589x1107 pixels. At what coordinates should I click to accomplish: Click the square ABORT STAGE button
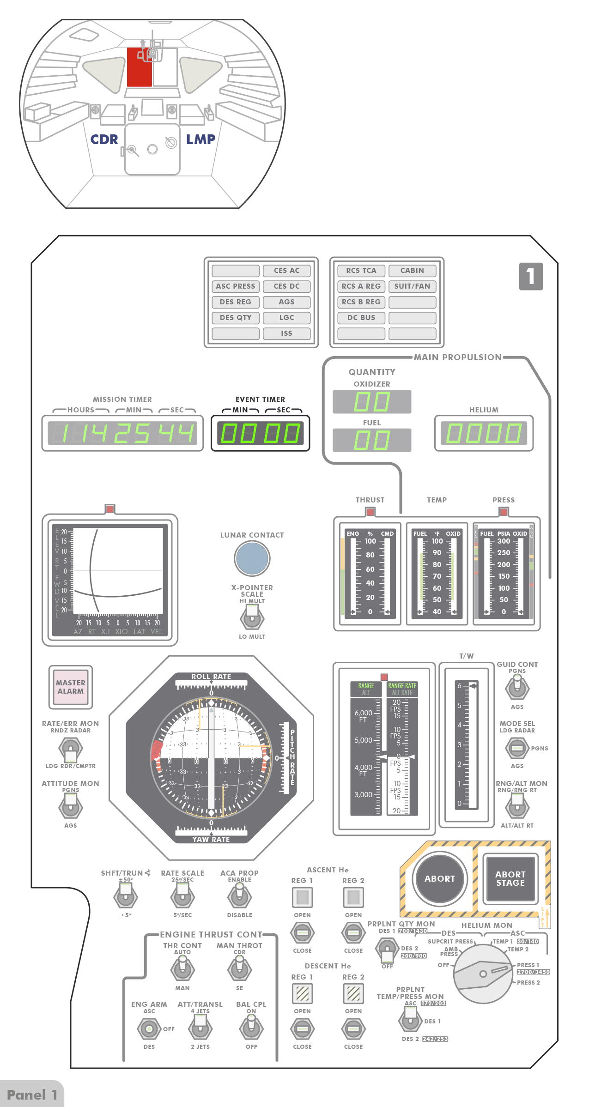click(510, 878)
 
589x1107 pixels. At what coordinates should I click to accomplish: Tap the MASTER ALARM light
click(71, 687)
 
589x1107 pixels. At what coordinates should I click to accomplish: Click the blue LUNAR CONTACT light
click(252, 558)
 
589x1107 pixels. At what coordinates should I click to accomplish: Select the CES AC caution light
click(286, 271)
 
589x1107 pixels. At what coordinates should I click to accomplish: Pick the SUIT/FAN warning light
click(412, 286)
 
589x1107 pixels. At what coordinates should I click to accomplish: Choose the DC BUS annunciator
click(361, 318)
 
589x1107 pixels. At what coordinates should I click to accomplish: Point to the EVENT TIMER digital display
click(260, 433)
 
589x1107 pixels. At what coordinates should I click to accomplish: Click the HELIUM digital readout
click(484, 433)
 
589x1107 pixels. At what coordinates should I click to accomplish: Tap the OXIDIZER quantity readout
click(372, 401)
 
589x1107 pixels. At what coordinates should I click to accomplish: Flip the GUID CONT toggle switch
click(517, 688)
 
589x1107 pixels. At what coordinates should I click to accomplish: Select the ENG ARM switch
click(149, 1028)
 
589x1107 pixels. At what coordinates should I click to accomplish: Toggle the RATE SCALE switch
click(182, 897)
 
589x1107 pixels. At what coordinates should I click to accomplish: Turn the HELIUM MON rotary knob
click(483, 974)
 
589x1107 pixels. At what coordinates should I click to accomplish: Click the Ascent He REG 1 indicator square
click(303, 897)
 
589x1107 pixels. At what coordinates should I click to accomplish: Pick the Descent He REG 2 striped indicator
click(353, 993)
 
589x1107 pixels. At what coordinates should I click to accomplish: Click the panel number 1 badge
click(531, 276)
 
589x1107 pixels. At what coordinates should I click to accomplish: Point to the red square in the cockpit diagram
click(139, 67)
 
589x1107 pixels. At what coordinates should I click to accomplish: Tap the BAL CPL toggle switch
click(251, 1028)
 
